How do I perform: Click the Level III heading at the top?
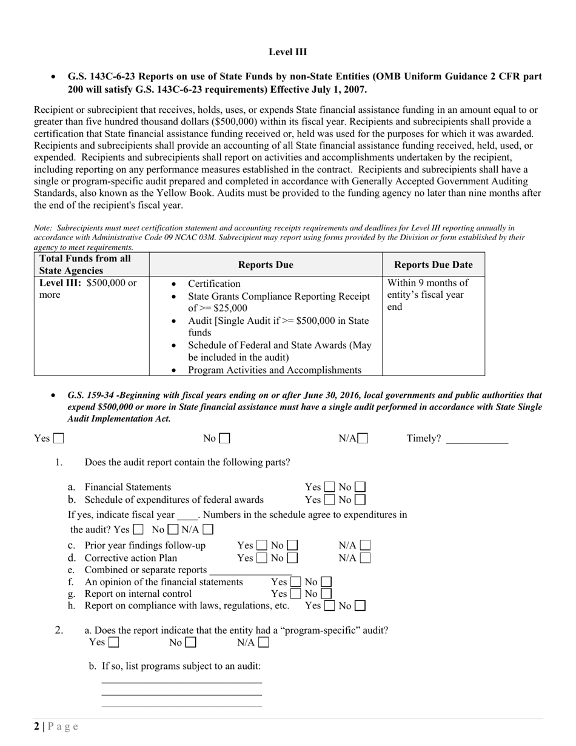287,52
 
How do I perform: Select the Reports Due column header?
266,264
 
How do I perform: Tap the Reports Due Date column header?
433,264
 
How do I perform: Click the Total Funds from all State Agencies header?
85,264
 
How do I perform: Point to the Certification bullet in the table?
214,284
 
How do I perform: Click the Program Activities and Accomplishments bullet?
274,370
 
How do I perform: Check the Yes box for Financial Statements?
329,487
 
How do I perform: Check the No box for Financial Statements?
360,487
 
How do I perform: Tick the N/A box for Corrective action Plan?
365,558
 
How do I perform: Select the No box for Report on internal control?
326,594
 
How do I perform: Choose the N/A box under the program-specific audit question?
263,642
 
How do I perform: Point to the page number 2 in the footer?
37,727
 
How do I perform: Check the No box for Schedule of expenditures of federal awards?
360,500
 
